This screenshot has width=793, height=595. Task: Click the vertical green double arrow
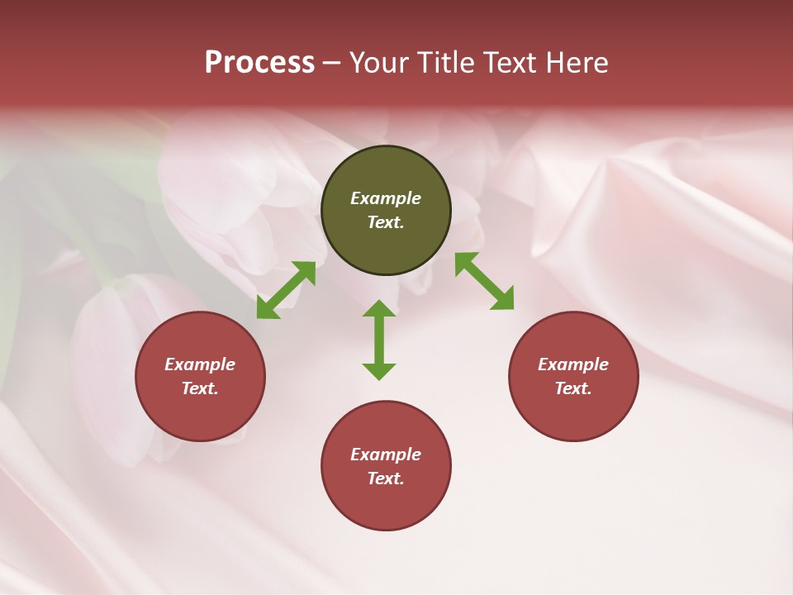(x=379, y=340)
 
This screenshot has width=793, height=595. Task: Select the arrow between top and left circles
(x=286, y=290)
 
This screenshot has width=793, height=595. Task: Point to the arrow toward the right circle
(x=484, y=281)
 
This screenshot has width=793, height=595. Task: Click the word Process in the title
(x=259, y=62)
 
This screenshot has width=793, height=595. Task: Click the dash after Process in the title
(x=332, y=63)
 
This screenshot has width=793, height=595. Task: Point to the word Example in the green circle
(x=386, y=198)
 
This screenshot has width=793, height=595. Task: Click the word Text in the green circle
(x=384, y=222)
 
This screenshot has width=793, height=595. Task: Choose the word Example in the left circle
(x=200, y=364)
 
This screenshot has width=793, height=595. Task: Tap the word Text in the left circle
(x=198, y=388)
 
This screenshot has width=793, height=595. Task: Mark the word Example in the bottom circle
(x=386, y=455)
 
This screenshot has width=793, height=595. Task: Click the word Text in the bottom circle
(x=384, y=478)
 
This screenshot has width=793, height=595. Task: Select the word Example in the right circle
(x=573, y=364)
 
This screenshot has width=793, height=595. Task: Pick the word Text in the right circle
(x=572, y=388)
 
